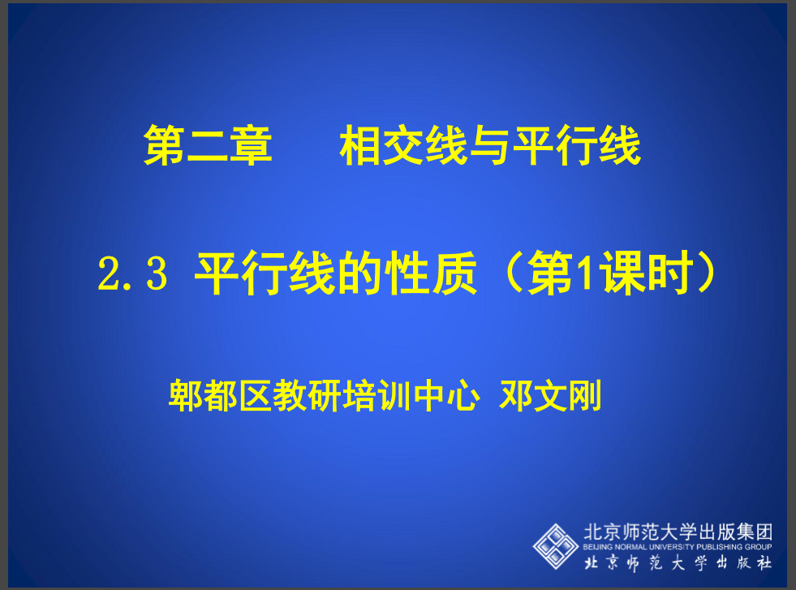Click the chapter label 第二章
[x=209, y=146]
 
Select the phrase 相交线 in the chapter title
[x=403, y=146]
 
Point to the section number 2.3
[x=132, y=273]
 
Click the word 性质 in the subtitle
[x=431, y=273]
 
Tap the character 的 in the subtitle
[x=360, y=273]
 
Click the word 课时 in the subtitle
[x=648, y=273]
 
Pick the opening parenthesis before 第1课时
[x=514, y=273]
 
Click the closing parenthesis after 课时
[x=708, y=273]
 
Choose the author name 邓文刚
[x=551, y=395]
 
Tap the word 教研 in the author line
[x=308, y=395]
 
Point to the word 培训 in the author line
[x=377, y=395]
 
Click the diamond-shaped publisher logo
[x=555, y=546]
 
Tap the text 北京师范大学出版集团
[x=678, y=532]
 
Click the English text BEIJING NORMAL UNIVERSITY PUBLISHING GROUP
[x=678, y=547]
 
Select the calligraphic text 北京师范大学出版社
[x=678, y=562]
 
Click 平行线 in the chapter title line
[x=577, y=146]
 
